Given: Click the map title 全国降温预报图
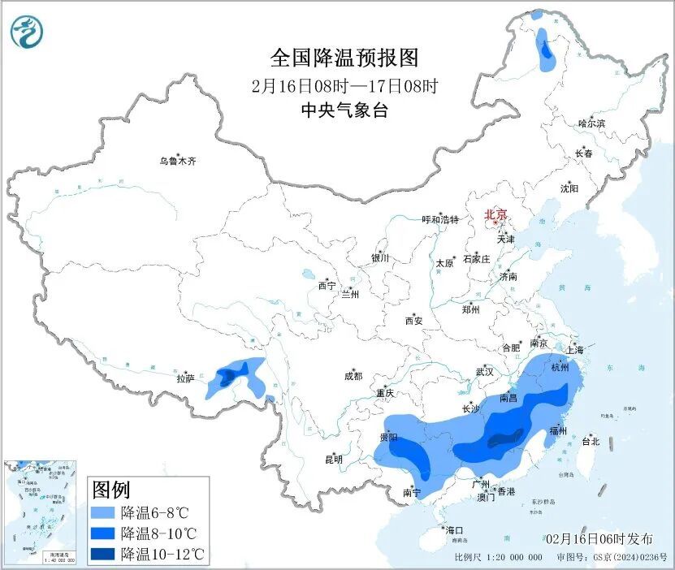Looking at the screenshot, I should (x=344, y=58).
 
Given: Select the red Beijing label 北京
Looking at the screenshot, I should (x=495, y=215).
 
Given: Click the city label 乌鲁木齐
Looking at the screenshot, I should (x=177, y=162).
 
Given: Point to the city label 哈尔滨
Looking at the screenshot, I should (x=591, y=123).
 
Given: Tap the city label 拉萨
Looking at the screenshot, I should (x=186, y=378).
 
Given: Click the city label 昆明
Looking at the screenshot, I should (x=334, y=460).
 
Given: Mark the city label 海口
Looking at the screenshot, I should (x=455, y=529).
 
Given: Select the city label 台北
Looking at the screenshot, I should (x=591, y=442).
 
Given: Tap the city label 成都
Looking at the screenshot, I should (x=353, y=376).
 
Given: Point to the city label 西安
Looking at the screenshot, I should (x=413, y=321).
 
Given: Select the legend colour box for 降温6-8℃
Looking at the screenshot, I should (x=103, y=513).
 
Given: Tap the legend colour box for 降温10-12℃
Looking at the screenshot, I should (x=103, y=555).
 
